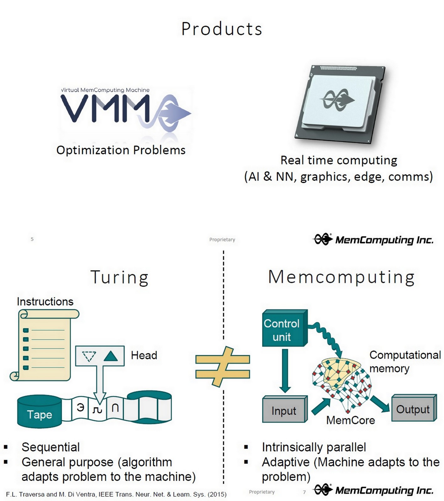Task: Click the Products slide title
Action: [222, 29]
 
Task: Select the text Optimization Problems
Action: [121, 150]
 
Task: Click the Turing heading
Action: [119, 277]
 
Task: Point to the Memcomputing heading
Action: [341, 277]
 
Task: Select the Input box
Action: [284, 411]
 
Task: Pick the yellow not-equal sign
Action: [223, 367]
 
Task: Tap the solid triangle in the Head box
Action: [110, 356]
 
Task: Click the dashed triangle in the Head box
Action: [89, 356]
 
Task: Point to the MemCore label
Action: [350, 420]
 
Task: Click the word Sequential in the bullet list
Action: [50, 447]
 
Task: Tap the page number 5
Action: [32, 239]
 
